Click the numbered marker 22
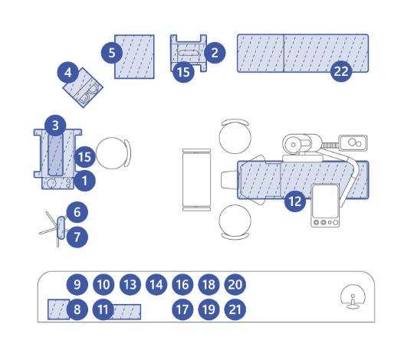[x=341, y=71]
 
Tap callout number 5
[x=112, y=53]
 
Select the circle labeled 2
[x=215, y=53]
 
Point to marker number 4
[x=68, y=73]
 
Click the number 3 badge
[x=55, y=126]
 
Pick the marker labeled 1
[x=84, y=181]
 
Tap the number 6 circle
[x=77, y=212]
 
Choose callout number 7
[x=77, y=237]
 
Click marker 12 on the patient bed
[x=295, y=201]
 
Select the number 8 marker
[x=77, y=309]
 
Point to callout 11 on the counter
[x=103, y=309]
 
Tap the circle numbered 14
[x=156, y=284]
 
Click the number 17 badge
[x=182, y=309]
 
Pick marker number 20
[x=235, y=284]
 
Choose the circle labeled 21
[x=235, y=309]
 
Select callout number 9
[x=77, y=284]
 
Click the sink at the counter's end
[x=353, y=296]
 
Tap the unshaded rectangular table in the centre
[x=197, y=180]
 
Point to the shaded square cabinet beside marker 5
[x=135, y=57]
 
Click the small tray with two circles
[x=353, y=142]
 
